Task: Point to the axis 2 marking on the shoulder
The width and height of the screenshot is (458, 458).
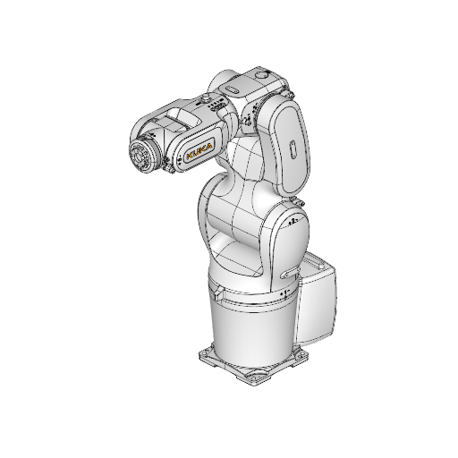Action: click(x=293, y=219)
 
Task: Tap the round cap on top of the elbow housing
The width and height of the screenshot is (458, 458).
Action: click(x=264, y=72)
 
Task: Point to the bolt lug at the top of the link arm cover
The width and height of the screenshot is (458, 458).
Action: click(x=287, y=93)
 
